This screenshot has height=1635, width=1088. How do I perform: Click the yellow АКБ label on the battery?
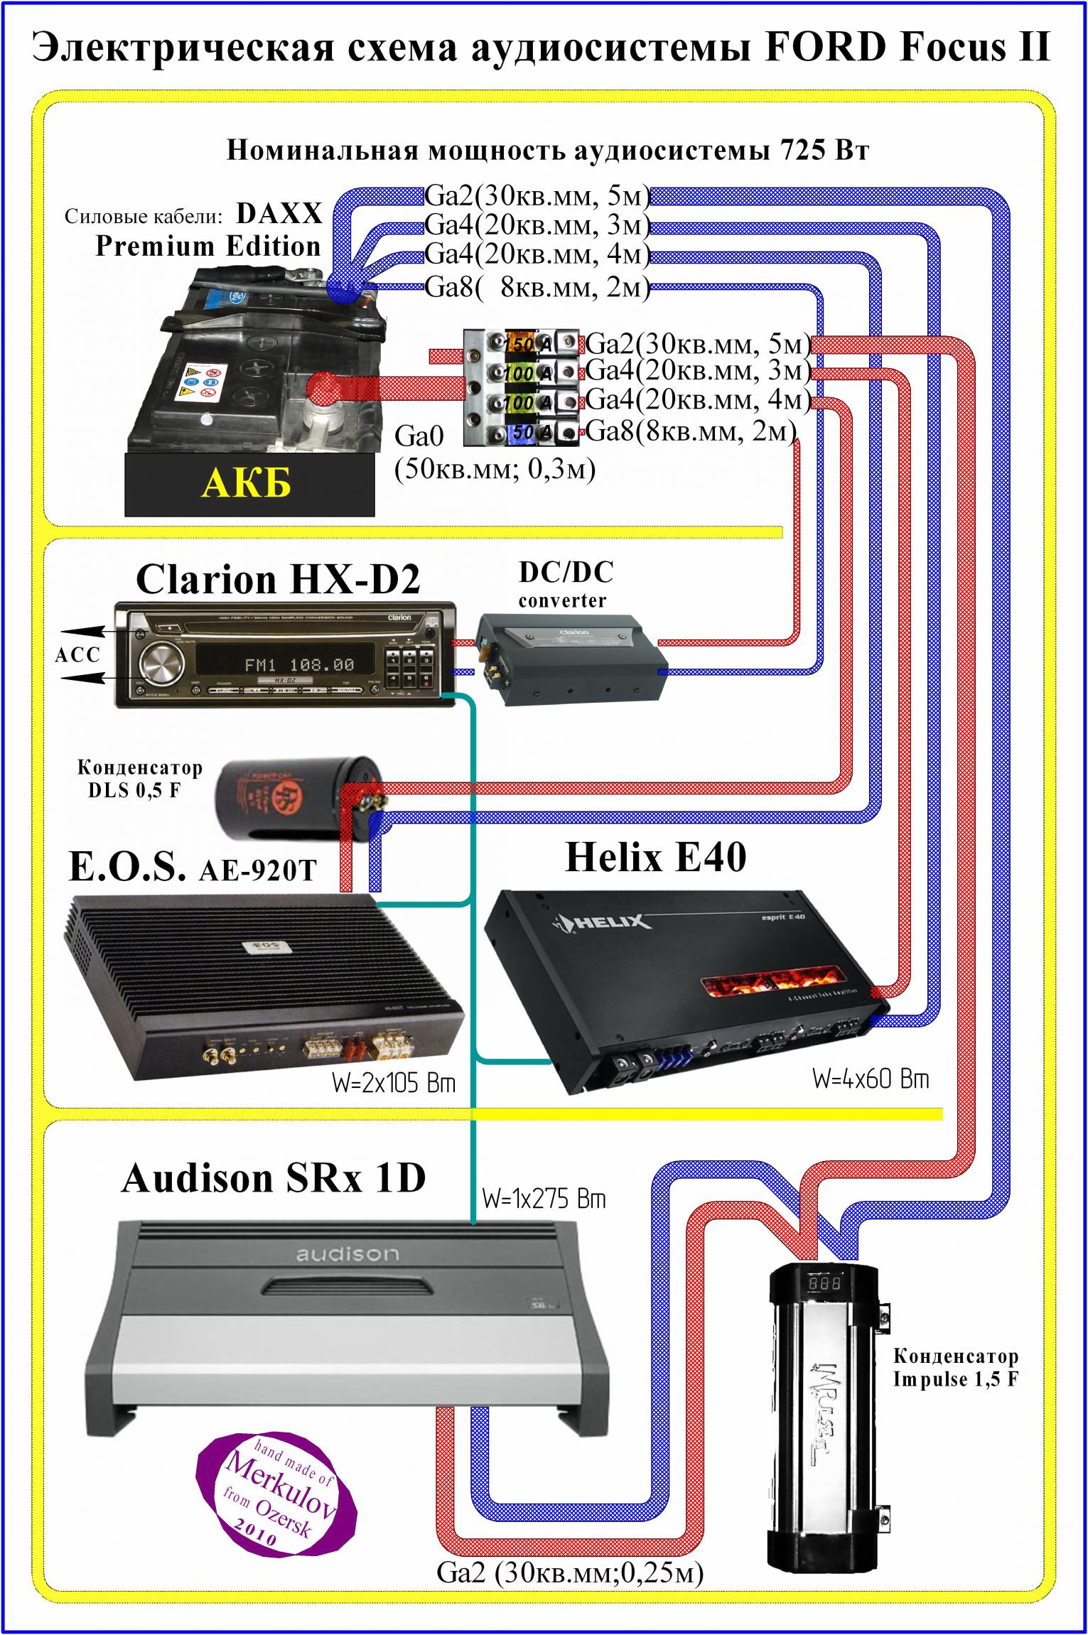click(x=246, y=484)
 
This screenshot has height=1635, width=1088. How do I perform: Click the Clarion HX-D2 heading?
click(x=278, y=580)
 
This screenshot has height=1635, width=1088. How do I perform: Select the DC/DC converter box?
click(x=569, y=658)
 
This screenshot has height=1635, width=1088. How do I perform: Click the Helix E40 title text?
click(x=655, y=858)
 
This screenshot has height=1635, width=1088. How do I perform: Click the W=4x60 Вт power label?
click(x=871, y=1079)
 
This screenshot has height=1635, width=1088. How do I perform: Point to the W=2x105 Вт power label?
click(x=393, y=1084)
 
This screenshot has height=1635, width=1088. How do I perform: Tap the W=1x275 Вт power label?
click(x=544, y=1199)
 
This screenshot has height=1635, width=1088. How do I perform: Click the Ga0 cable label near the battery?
click(x=419, y=436)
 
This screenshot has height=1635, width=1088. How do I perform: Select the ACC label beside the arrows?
click(x=77, y=654)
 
